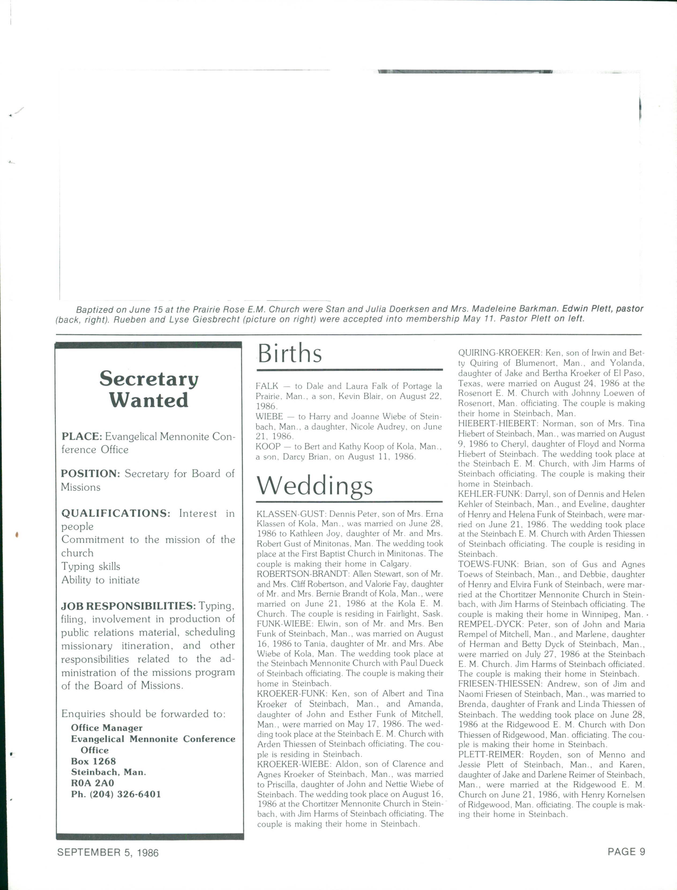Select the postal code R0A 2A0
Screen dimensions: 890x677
(93, 783)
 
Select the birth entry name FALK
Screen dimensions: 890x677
(267, 386)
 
